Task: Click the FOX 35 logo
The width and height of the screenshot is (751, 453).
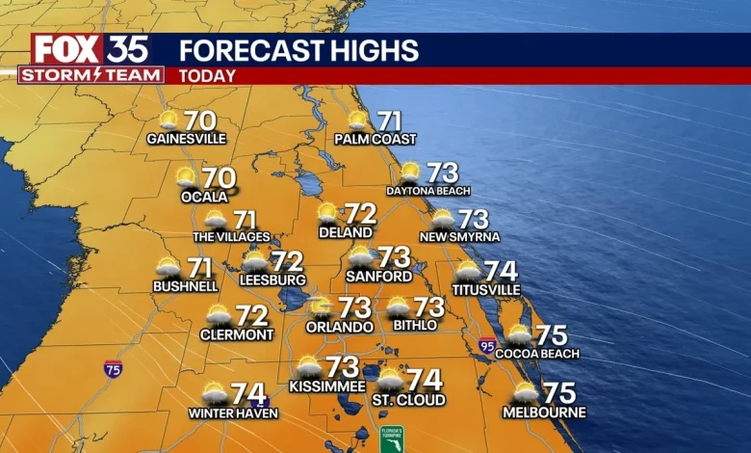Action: pyautogui.click(x=90, y=49)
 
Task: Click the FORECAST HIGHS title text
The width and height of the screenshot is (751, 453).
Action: pyautogui.click(x=298, y=50)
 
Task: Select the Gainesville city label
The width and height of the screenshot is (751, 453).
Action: pyautogui.click(x=187, y=139)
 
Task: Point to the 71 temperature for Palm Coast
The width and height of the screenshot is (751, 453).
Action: pyautogui.click(x=389, y=121)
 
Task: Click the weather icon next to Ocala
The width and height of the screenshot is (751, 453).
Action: pyautogui.click(x=186, y=177)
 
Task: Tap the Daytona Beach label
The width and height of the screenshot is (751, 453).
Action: pyautogui.click(x=428, y=191)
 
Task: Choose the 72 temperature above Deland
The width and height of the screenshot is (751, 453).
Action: pyautogui.click(x=360, y=213)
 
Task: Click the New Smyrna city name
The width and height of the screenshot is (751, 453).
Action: pyautogui.click(x=459, y=237)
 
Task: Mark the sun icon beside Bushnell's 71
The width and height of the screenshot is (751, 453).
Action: pyautogui.click(x=168, y=267)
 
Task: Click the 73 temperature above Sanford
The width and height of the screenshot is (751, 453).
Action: pyautogui.click(x=394, y=257)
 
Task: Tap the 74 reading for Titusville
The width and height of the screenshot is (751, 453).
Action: pyautogui.click(x=501, y=271)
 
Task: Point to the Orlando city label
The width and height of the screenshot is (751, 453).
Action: pyautogui.click(x=340, y=327)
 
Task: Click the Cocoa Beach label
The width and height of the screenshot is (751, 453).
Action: pyautogui.click(x=537, y=354)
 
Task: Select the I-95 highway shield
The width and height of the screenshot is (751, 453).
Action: pyautogui.click(x=487, y=344)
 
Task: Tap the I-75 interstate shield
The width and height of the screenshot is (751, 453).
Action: pyautogui.click(x=113, y=367)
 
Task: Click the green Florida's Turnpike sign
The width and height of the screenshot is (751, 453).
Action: pyautogui.click(x=391, y=439)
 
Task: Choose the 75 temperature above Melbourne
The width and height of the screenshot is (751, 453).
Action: pyautogui.click(x=559, y=393)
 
